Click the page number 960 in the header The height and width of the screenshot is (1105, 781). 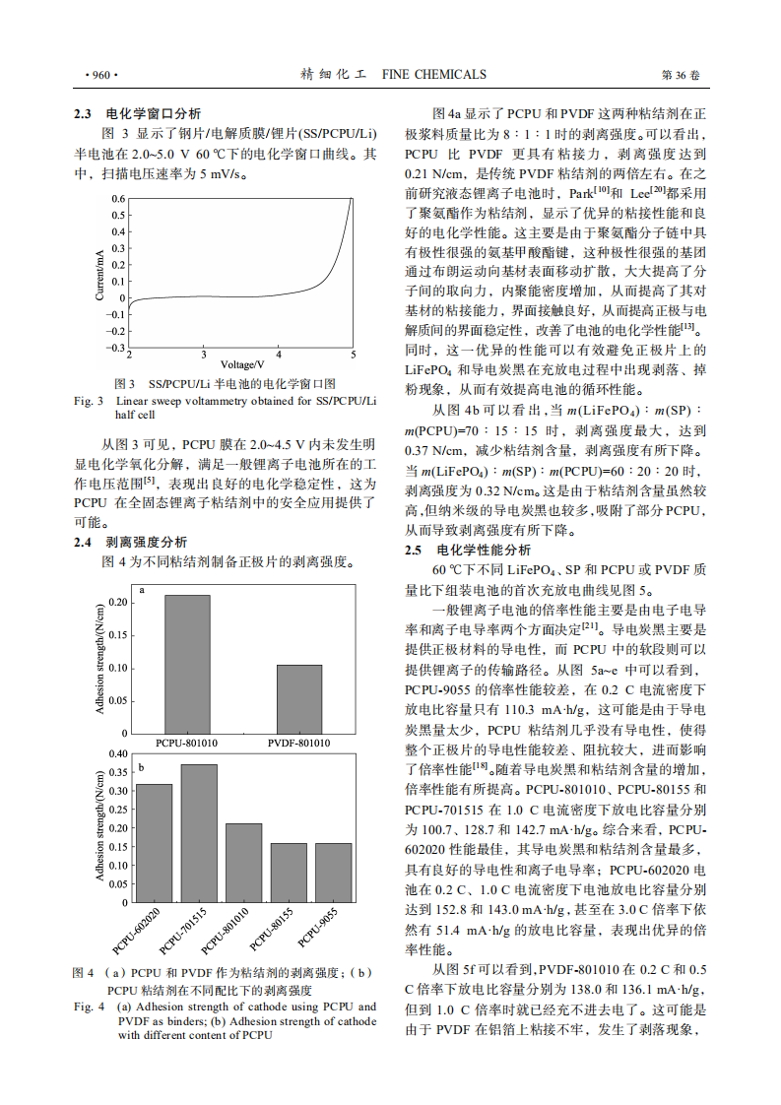tap(101, 75)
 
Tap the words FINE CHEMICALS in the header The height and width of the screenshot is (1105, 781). tap(433, 75)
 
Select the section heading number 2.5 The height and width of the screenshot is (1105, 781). tap(415, 551)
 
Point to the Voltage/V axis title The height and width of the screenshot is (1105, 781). tap(240, 364)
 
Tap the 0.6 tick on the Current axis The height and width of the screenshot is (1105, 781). tap(118, 200)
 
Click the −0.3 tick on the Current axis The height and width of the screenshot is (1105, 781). tap(115, 348)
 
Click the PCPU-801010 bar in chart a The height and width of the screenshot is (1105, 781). tap(187, 664)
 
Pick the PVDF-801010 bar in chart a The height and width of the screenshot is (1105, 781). tap(299, 698)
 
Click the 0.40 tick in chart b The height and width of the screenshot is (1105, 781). tap(115, 754)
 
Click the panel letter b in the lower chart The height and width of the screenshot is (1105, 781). tap(142, 766)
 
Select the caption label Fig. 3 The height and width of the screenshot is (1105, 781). tap(89, 401)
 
